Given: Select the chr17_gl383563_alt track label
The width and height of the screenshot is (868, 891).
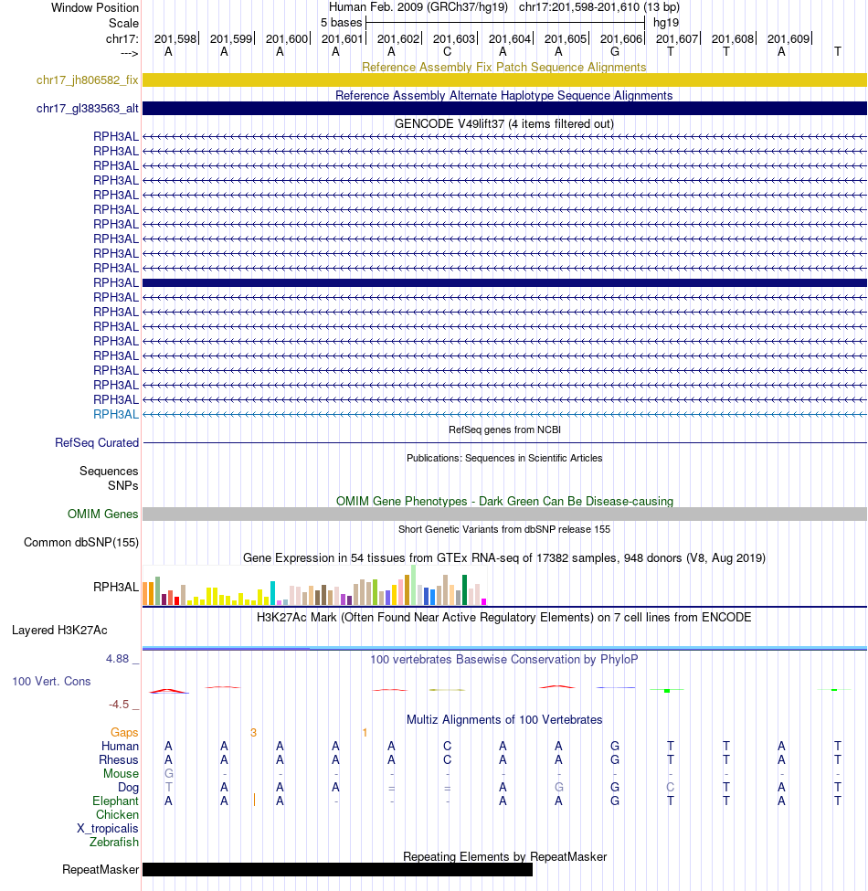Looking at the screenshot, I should click(x=88, y=109).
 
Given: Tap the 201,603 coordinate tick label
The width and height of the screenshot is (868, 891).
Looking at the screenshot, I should click(x=454, y=38).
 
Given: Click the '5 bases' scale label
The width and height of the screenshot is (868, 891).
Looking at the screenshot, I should click(x=341, y=22).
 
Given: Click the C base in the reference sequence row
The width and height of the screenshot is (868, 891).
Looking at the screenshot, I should click(x=447, y=52).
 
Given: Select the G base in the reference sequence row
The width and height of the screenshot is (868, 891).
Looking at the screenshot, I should click(x=615, y=52).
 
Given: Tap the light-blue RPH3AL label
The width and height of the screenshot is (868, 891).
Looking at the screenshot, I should click(x=116, y=414).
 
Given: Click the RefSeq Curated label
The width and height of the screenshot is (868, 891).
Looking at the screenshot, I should click(x=97, y=442).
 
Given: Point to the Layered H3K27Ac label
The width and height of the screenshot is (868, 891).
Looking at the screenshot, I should click(x=59, y=630).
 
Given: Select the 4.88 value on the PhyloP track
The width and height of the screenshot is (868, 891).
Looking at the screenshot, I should click(x=122, y=658).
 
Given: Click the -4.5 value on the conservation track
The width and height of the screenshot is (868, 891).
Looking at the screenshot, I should click(x=123, y=705).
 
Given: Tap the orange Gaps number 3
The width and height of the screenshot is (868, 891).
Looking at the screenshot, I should click(x=254, y=732).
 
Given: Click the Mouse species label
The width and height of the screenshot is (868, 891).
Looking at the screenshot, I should click(x=121, y=773).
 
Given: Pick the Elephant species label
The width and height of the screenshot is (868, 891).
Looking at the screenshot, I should click(x=116, y=801).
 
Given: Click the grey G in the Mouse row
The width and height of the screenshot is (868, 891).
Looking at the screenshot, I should click(x=169, y=773).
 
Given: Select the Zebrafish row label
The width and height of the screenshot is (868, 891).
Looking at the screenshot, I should click(x=114, y=842).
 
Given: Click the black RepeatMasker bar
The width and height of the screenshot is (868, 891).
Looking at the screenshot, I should click(x=337, y=869).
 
